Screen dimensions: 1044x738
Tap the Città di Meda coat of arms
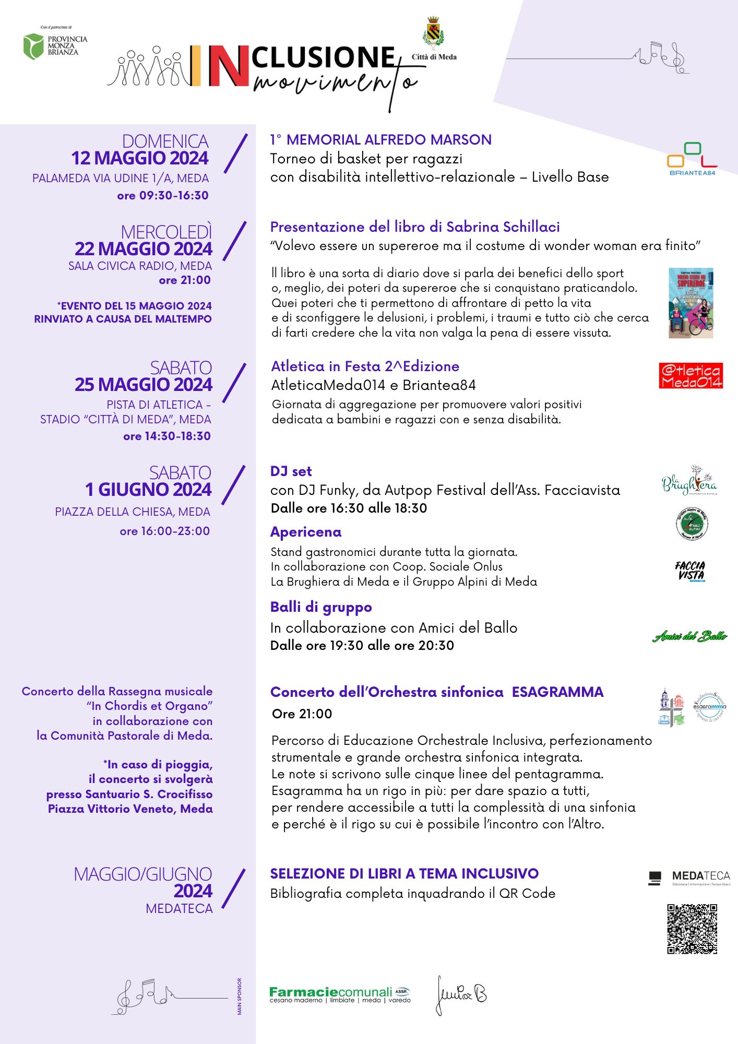tap(433, 32)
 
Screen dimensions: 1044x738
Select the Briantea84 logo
tap(692, 159)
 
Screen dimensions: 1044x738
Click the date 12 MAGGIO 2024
tap(140, 158)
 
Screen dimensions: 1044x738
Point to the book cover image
tap(691, 303)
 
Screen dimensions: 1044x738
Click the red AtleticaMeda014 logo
tap(691, 376)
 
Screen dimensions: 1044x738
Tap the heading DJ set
tap(291, 471)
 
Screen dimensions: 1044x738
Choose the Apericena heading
tap(306, 532)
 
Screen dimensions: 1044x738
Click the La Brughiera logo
tap(689, 480)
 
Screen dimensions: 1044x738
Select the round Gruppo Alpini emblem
tap(692, 524)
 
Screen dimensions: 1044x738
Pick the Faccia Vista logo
tap(690, 571)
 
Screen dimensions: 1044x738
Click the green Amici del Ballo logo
tap(689, 636)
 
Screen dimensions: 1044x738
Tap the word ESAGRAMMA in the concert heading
tap(557, 692)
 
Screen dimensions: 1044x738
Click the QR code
tap(692, 929)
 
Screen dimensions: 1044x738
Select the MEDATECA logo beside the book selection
tap(689, 878)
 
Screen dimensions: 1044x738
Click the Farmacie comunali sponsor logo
tap(340, 994)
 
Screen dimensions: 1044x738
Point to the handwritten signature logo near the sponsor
tap(461, 995)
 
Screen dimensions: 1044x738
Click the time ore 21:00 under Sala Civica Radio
tap(185, 280)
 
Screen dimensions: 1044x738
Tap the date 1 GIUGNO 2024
tap(149, 490)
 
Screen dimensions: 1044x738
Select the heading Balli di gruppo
tap(321, 607)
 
